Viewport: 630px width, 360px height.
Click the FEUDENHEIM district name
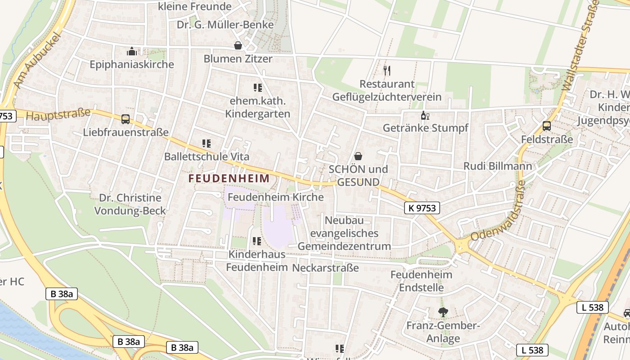coord(229,178)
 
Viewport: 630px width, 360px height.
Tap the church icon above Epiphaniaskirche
coord(131,51)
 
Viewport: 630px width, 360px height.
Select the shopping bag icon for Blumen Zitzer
coord(238,45)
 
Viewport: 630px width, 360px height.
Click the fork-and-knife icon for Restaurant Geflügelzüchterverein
coord(387,70)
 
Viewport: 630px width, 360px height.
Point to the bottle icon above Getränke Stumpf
coord(424,116)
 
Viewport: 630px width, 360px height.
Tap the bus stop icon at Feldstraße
coord(547,126)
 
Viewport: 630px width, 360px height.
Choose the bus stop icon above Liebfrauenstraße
coord(126,119)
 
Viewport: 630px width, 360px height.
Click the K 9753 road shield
coord(422,208)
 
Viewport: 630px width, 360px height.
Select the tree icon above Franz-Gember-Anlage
coord(443,312)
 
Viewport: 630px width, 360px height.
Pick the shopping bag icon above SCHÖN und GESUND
coord(358,156)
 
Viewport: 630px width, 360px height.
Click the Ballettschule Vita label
coord(207,157)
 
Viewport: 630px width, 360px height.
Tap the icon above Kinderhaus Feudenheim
coord(256,241)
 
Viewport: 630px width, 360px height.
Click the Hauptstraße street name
coord(58,114)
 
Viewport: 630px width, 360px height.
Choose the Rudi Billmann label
coord(498,166)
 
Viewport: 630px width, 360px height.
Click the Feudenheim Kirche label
coord(276,197)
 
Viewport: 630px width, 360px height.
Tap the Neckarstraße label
coord(325,268)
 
